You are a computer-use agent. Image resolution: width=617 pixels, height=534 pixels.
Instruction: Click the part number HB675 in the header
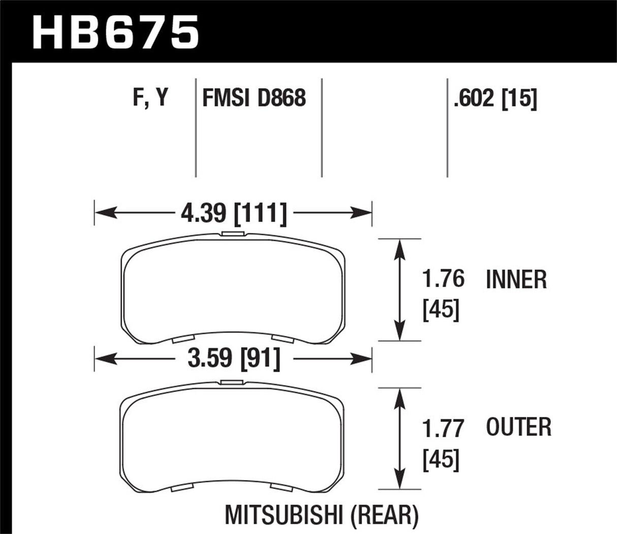click(x=115, y=32)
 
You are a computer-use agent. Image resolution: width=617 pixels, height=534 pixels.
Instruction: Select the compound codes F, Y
click(x=150, y=97)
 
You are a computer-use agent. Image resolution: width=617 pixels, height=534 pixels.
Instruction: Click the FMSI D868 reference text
click(x=254, y=98)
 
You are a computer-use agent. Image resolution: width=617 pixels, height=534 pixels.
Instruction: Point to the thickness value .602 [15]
click(x=496, y=98)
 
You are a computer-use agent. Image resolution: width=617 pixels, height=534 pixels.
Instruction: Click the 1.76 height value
click(x=443, y=279)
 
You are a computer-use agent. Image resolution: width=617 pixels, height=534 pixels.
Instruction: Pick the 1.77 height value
click(x=443, y=428)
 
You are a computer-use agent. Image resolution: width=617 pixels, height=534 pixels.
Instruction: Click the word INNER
click(x=516, y=280)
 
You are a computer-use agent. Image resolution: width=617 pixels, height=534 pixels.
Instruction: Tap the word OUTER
click(x=518, y=427)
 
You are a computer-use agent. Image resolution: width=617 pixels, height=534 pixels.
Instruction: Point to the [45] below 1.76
click(x=441, y=310)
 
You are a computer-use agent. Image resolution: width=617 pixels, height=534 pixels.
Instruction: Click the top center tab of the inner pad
click(x=233, y=234)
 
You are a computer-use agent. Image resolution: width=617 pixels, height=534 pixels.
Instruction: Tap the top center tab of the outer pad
click(x=233, y=382)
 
